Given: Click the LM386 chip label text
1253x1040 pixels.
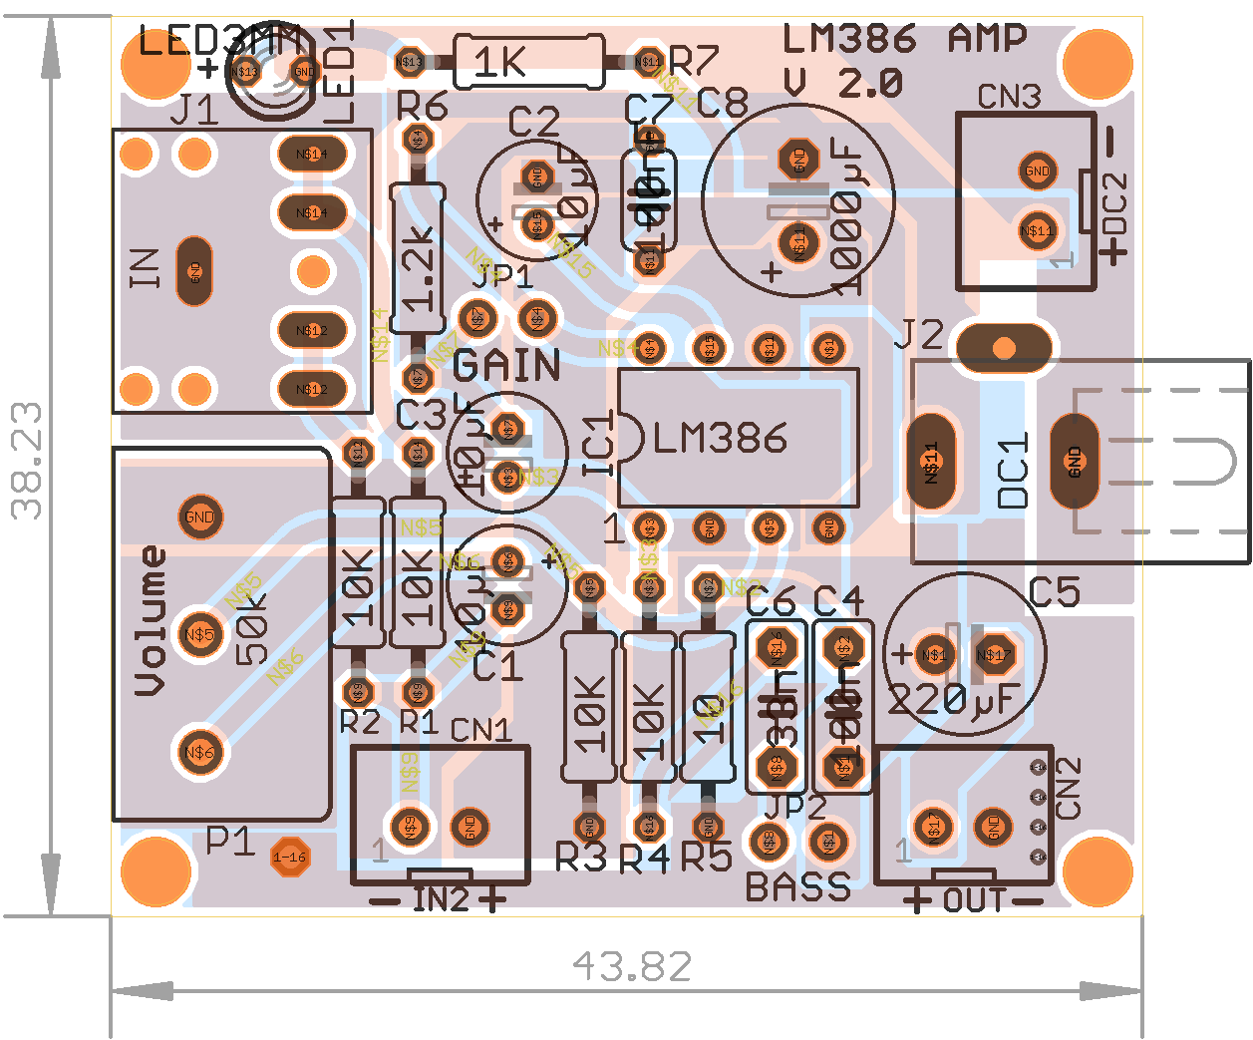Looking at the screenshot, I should (x=720, y=438).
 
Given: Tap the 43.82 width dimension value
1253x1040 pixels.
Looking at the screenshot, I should (x=632, y=966).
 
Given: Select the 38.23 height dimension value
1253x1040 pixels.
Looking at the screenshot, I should (x=28, y=461).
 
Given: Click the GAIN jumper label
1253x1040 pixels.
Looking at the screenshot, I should (x=506, y=366).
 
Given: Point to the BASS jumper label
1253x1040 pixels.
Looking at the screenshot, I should (x=797, y=886).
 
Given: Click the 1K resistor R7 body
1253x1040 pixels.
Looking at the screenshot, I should (x=528, y=62).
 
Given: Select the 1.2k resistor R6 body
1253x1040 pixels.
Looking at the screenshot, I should (x=418, y=258).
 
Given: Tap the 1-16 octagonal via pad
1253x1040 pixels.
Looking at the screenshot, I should (x=290, y=857).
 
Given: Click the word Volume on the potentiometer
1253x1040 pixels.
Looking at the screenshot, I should (x=151, y=619).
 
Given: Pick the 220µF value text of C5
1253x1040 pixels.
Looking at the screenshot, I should (x=953, y=699).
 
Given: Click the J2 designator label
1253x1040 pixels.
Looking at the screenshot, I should (x=918, y=335).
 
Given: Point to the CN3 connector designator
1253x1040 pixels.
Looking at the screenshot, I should (x=1009, y=97).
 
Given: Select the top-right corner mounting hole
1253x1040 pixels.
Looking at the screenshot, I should (x=1097, y=63).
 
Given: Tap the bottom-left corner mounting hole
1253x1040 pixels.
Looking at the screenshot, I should (x=157, y=870).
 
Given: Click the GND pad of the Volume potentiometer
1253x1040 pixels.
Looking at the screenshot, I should (x=199, y=517).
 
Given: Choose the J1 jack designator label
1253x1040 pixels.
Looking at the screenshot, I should (x=194, y=110).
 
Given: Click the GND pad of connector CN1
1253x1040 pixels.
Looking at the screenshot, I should (x=470, y=827).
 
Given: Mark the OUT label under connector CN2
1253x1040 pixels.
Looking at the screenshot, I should (x=974, y=901).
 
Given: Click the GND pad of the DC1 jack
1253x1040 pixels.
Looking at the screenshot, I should (x=1074, y=461).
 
